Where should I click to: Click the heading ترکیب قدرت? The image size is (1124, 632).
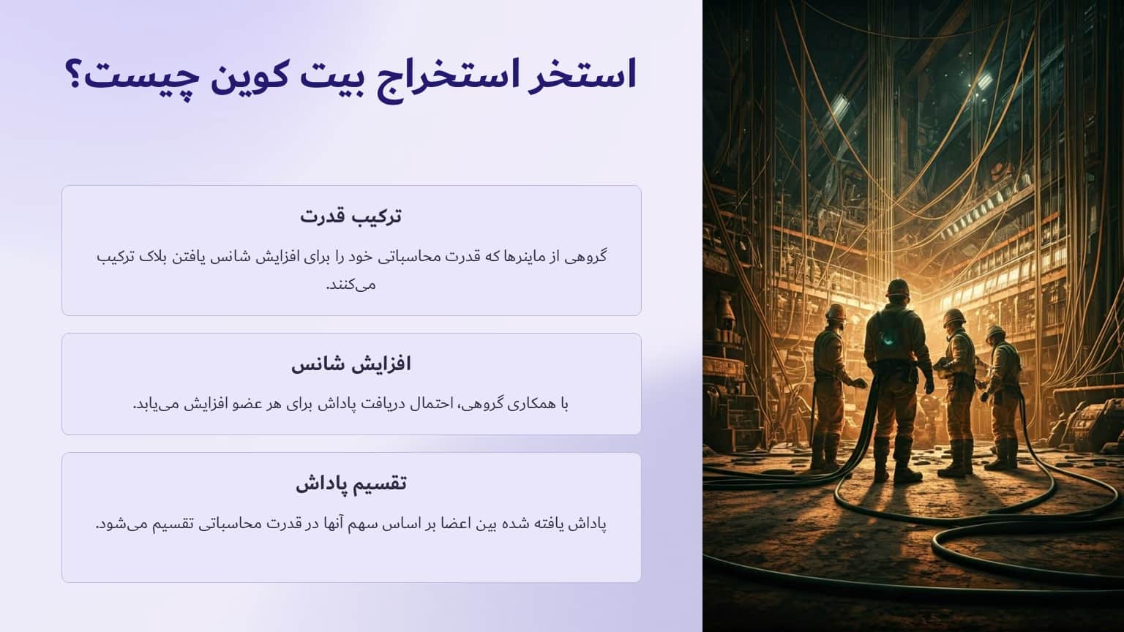351,216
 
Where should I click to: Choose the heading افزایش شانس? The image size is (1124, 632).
351,364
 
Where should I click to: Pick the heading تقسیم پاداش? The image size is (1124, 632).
351,483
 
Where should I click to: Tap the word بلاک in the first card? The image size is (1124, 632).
165,257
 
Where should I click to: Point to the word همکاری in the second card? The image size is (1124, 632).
526,404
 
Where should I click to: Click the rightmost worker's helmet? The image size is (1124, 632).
995,332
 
